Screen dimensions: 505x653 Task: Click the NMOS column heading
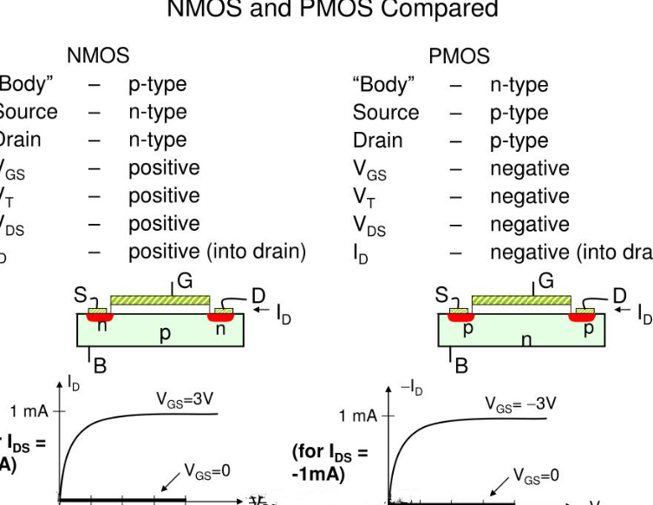[x=98, y=56]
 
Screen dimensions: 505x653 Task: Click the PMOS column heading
[x=459, y=56]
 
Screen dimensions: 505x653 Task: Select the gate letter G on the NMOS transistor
[x=184, y=280]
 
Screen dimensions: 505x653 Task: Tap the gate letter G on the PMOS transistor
[x=546, y=280]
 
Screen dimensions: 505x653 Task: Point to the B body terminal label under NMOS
[x=100, y=365]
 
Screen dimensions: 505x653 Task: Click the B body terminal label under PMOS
[x=461, y=365]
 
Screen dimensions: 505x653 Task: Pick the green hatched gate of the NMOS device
[x=160, y=299]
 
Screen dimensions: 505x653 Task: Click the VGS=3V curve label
[x=185, y=400]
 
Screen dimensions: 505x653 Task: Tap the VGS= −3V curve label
[x=520, y=403]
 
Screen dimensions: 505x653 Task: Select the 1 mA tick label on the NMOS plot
[x=29, y=410]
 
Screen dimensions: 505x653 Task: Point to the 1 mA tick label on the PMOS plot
[x=359, y=416]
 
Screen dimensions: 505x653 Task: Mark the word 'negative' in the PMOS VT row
[x=530, y=196]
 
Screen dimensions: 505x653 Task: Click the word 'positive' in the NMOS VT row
[x=164, y=195]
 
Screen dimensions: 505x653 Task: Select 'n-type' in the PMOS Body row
[x=519, y=84]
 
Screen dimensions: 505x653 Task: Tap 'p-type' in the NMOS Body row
[x=158, y=84]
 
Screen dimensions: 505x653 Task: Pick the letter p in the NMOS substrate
[x=165, y=333]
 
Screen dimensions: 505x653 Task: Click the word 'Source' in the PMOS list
[x=386, y=112]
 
